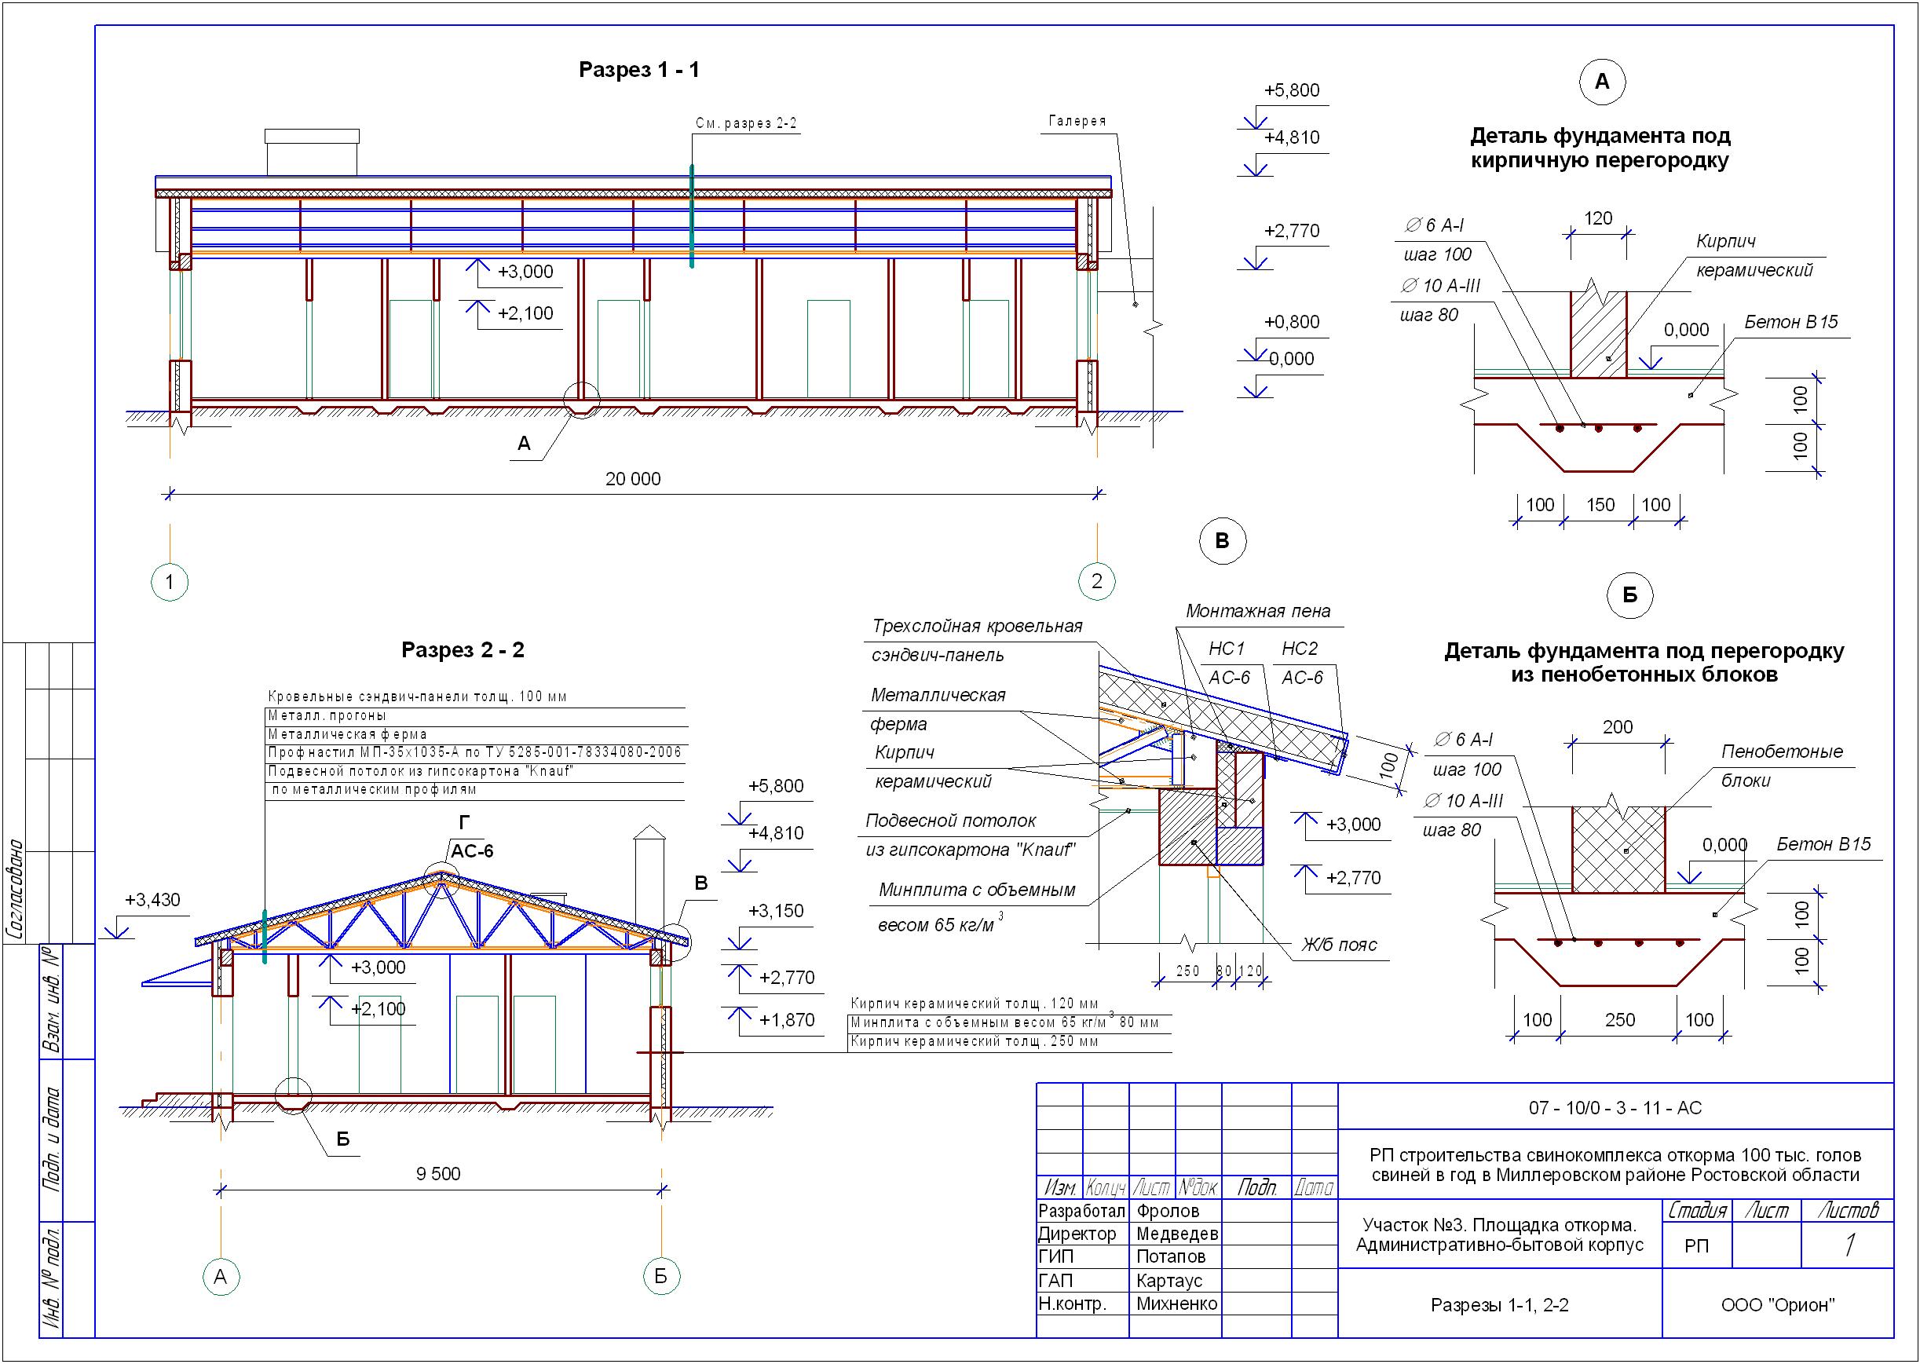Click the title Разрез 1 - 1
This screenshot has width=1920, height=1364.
tap(638, 70)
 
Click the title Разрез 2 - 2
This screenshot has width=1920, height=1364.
tap(462, 649)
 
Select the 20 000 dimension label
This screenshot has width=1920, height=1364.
tap(632, 479)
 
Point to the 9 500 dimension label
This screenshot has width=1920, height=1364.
tap(437, 1173)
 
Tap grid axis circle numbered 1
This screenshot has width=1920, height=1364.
tap(170, 581)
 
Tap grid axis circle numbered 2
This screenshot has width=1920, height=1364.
tap(1096, 580)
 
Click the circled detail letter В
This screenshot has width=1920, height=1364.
tap(1222, 541)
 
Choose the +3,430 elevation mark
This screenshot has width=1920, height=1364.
tap(152, 900)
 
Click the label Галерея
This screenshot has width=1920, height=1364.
tap(1077, 121)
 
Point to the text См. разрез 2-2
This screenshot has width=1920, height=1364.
tap(746, 123)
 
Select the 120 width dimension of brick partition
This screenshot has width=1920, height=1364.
tap(1597, 218)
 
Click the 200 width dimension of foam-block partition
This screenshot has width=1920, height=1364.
tap(1617, 726)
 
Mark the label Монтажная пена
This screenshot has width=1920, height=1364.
tap(1257, 612)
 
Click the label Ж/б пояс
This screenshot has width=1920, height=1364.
tap(1339, 945)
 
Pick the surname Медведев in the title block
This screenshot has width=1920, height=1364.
tap(1176, 1234)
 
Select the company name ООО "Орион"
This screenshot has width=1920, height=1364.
tap(1777, 1305)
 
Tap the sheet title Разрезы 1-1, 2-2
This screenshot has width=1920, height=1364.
tap(1499, 1305)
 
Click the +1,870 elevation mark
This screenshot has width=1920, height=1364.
tap(786, 1019)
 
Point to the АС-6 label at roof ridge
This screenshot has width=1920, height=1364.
tap(472, 850)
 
